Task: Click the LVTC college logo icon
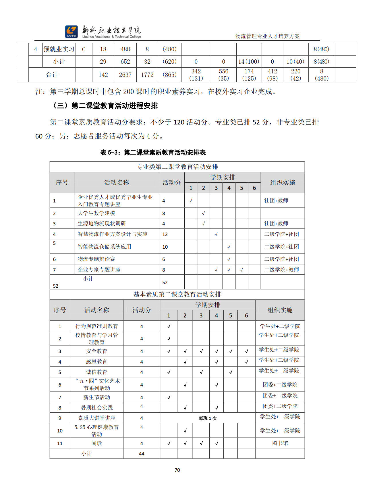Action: (71, 32)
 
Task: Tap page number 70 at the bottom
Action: (177, 470)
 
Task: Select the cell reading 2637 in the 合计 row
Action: (125, 75)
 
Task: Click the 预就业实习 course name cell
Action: (59, 49)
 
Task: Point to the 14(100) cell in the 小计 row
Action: (249, 62)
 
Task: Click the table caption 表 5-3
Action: (153, 153)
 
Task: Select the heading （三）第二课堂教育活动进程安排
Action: (105, 106)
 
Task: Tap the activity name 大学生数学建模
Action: (96, 213)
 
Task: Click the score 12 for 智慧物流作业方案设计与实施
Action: (165, 234)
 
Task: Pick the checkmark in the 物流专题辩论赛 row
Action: (229, 259)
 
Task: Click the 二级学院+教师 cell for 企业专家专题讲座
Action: (281, 270)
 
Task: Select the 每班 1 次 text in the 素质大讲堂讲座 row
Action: (208, 418)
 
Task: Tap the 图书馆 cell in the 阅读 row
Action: (280, 443)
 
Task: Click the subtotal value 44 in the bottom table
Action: (142, 454)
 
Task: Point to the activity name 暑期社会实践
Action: (97, 408)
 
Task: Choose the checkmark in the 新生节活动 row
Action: (169, 397)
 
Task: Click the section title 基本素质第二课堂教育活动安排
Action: (177, 295)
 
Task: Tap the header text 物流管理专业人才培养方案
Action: (267, 36)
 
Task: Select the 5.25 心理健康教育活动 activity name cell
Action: (96, 430)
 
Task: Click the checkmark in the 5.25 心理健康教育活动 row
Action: (185, 430)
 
